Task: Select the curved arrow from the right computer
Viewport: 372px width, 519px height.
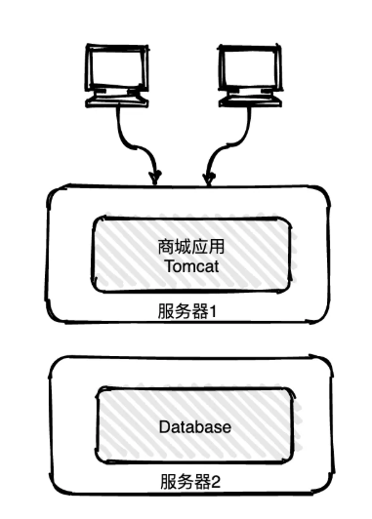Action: click(x=227, y=137)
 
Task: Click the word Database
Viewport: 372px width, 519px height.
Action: click(x=194, y=427)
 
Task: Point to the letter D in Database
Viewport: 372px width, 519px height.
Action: click(x=163, y=427)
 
